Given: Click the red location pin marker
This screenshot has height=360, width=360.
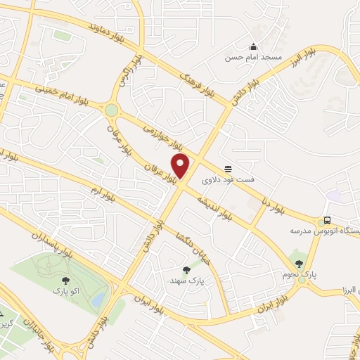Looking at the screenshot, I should pyautogui.click(x=181, y=166).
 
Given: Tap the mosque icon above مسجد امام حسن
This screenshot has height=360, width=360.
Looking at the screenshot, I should pyautogui.click(x=252, y=46).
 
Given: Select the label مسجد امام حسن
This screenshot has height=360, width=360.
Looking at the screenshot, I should pyautogui.click(x=252, y=56).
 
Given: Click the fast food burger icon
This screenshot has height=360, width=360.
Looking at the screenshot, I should pyautogui.click(x=228, y=169).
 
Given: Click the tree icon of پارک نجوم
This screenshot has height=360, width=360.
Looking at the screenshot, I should pyautogui.click(x=299, y=263).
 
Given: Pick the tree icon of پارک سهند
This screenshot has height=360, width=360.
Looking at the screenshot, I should pyautogui.click(x=186, y=269).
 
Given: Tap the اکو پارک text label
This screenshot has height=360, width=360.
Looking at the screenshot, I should pyautogui.click(x=65, y=290).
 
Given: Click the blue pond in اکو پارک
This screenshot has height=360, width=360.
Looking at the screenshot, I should pyautogui.click(x=98, y=299).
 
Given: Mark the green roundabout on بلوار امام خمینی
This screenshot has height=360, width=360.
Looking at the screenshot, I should pyautogui.click(x=111, y=110).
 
